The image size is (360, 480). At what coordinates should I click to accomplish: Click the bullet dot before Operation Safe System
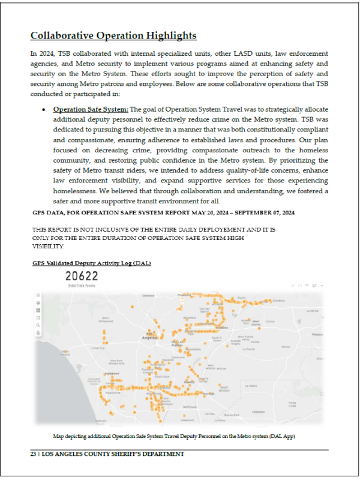[x=45, y=110]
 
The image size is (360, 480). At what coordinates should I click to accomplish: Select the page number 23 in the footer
[x=34, y=454]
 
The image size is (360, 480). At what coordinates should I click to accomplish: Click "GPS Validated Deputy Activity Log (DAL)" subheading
[x=91, y=263]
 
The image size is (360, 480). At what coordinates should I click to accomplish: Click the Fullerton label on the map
[x=258, y=412]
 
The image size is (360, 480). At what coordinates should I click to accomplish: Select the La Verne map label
[x=312, y=311]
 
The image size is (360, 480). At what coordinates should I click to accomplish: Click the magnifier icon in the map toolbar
[x=38, y=324]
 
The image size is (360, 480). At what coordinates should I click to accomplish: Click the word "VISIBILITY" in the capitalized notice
[x=48, y=246]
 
